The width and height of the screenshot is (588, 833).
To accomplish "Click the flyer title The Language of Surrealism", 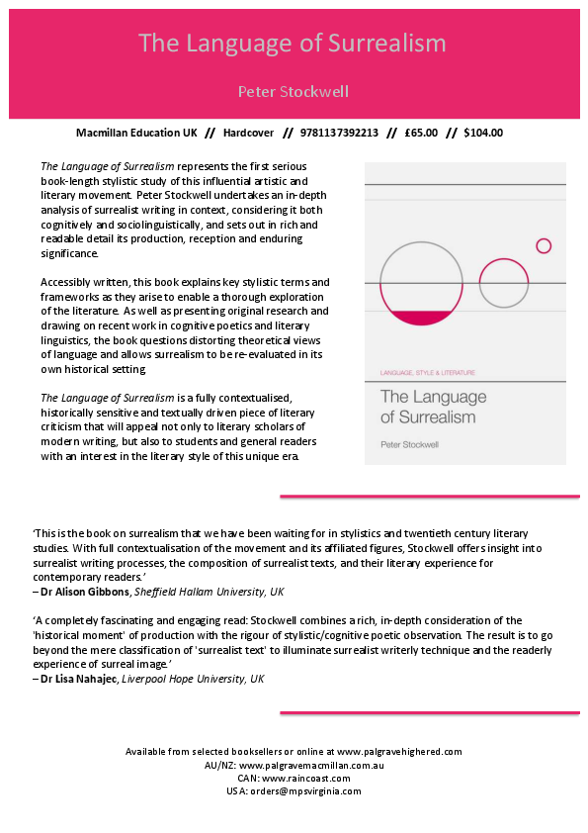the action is (x=293, y=44).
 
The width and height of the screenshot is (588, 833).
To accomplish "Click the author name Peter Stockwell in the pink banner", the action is (x=293, y=92).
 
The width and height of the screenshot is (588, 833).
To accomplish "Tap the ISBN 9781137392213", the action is (x=343, y=133).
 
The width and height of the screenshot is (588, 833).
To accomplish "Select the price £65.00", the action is (x=421, y=133).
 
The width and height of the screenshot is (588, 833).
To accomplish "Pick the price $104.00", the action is (x=482, y=133).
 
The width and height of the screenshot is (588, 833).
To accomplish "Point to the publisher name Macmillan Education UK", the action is (x=136, y=133).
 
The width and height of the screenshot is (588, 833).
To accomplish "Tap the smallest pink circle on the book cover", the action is (x=543, y=245).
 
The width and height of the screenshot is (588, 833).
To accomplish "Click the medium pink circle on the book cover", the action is (x=503, y=284).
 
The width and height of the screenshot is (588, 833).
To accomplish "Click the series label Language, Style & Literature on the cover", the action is (x=428, y=372).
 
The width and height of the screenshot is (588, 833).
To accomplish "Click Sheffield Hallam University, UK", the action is (x=221, y=592).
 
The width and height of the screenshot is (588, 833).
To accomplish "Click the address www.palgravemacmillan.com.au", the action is (x=311, y=766).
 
